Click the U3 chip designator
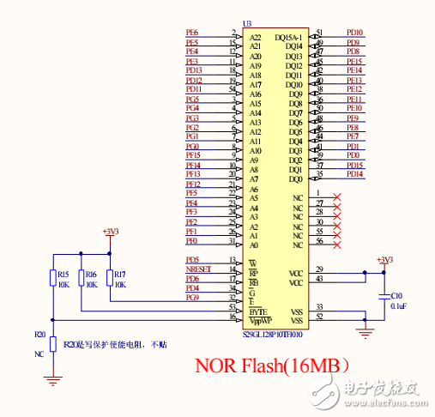click(x=247, y=23)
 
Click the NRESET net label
click(x=197, y=269)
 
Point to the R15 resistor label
click(x=63, y=274)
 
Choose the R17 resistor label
click(x=120, y=274)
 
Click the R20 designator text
click(x=39, y=334)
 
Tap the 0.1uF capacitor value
click(x=398, y=304)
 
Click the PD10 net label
click(x=353, y=33)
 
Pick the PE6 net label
click(x=192, y=33)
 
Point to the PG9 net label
click(x=192, y=298)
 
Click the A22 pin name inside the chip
click(x=255, y=37)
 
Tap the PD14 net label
click(x=353, y=174)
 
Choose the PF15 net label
click(x=193, y=155)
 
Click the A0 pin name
click(x=253, y=245)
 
